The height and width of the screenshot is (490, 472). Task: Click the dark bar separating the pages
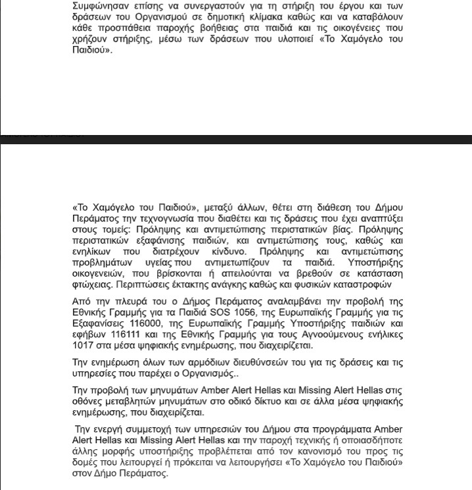tap(236, 139)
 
